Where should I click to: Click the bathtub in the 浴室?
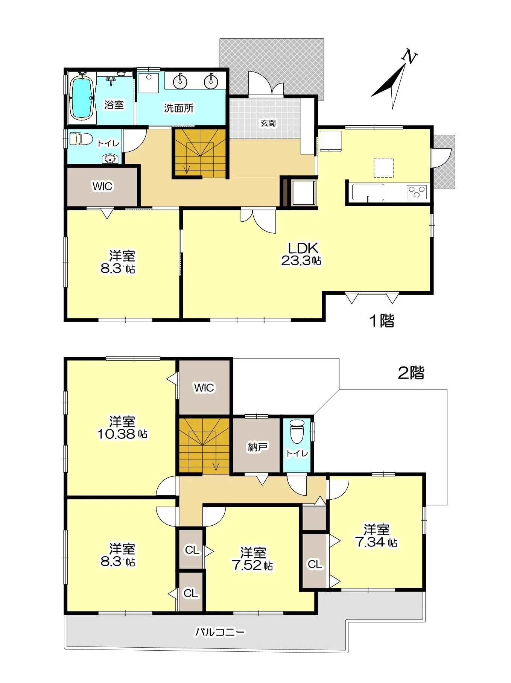click(82, 98)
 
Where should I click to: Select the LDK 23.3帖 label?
click(301, 254)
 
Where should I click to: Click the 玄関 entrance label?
click(268, 123)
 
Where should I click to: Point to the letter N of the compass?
click(409, 57)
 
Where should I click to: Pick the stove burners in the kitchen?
click(417, 192)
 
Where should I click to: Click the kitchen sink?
click(368, 193)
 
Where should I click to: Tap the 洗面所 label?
click(179, 108)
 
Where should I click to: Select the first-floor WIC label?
click(102, 186)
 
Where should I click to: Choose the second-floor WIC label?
click(204, 388)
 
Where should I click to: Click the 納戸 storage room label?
click(257, 447)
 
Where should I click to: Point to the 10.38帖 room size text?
click(122, 434)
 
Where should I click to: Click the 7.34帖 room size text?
click(376, 542)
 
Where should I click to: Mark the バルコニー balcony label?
click(220, 632)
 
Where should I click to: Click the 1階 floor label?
click(382, 321)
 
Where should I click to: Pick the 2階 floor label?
click(411, 373)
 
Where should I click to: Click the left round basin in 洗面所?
click(181, 81)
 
